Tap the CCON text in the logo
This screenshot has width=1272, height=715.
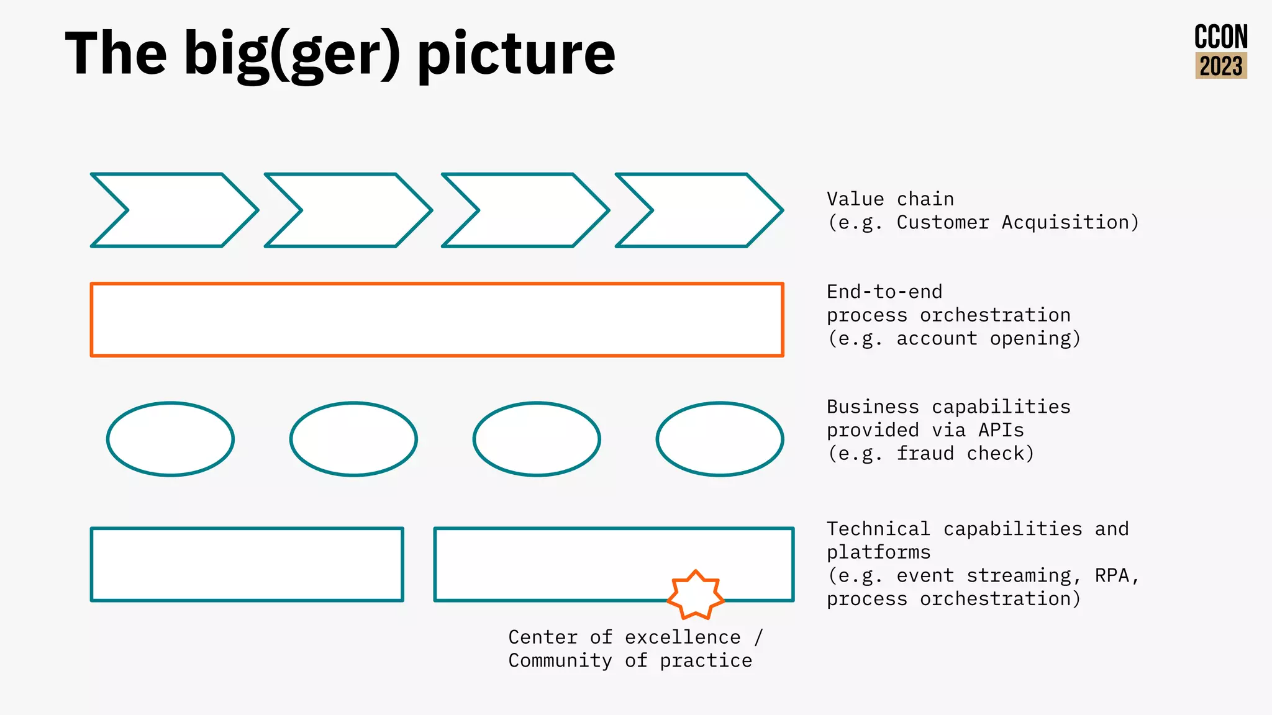point(1220,38)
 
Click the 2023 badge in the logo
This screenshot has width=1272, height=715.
point(1220,66)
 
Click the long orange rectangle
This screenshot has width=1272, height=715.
point(437,320)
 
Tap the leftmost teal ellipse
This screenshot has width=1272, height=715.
point(170,439)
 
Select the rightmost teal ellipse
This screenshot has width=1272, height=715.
point(720,439)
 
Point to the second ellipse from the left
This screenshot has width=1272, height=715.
point(353,439)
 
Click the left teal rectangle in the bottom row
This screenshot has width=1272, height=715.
point(247,564)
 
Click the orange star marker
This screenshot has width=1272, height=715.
point(696,595)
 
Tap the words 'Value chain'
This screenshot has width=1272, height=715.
point(889,199)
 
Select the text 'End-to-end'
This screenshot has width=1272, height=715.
point(884,292)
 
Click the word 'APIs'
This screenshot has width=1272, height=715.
point(1000,430)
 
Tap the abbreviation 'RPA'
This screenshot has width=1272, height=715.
point(1112,575)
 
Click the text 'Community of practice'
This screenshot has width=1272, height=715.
point(630,660)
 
